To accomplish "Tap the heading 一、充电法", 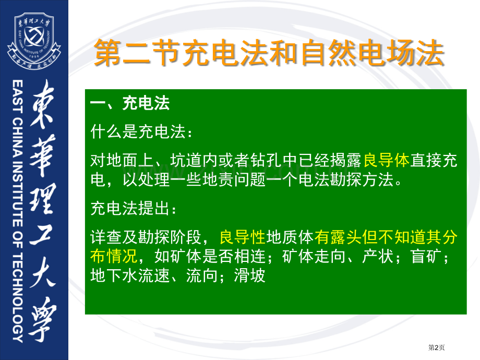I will click(x=130, y=103).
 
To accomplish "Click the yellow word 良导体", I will click(x=386, y=161).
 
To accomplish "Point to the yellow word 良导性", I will click(x=243, y=238).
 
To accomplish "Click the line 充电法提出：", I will click(x=134, y=210).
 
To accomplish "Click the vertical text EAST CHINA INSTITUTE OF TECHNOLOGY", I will click(x=17, y=211).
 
